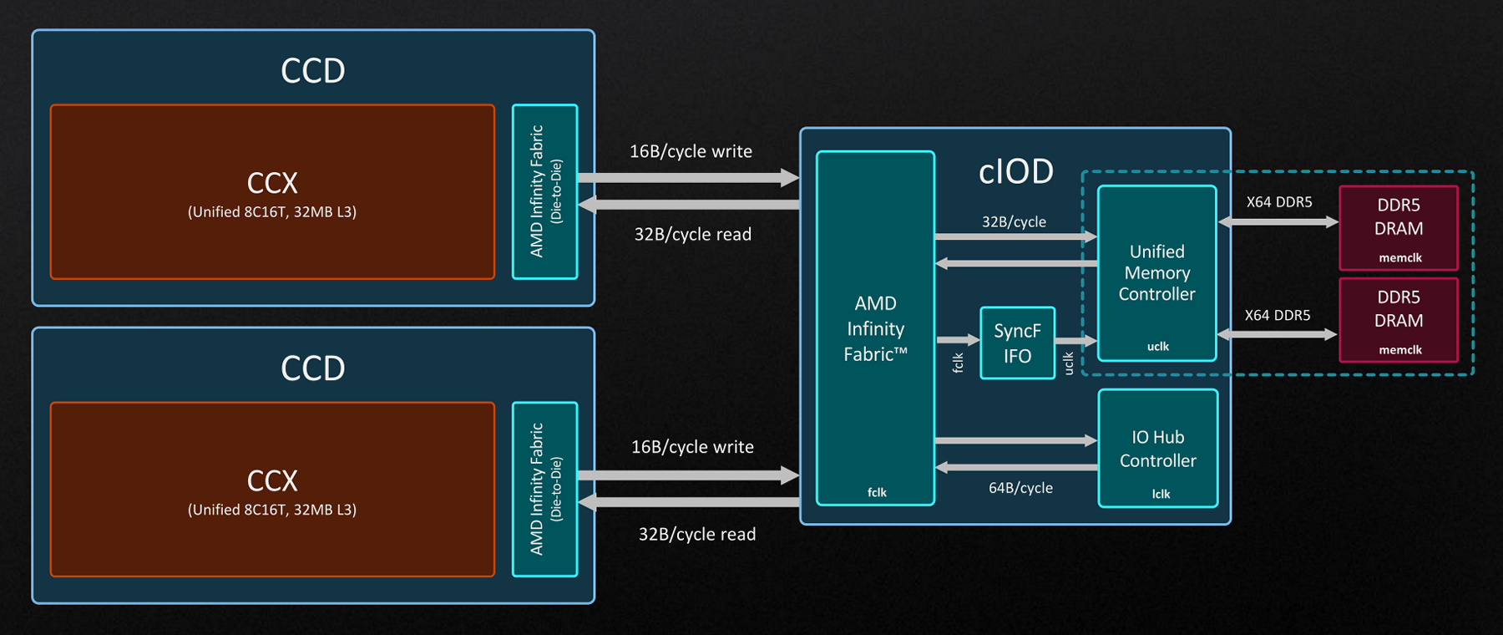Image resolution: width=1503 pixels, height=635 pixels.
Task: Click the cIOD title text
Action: click(x=1015, y=171)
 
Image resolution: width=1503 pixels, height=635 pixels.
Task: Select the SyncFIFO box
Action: click(x=1017, y=343)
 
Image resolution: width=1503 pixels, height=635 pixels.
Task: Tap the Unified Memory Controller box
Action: click(x=1156, y=272)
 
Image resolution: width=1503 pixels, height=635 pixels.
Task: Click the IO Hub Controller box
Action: click(x=1157, y=449)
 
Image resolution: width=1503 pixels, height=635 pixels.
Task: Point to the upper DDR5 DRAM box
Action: click(x=1399, y=227)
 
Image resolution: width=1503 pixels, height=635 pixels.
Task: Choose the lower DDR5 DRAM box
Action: click(x=1399, y=319)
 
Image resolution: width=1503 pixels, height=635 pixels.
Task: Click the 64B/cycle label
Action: click(x=1020, y=488)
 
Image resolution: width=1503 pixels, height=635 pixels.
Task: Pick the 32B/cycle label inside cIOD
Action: click(x=1014, y=222)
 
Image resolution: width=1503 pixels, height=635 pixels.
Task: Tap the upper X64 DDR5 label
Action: click(x=1278, y=202)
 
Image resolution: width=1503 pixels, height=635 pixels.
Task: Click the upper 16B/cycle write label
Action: click(x=691, y=151)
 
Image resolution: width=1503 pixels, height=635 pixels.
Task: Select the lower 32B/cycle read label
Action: click(x=696, y=535)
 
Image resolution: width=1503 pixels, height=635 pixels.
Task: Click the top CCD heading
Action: click(x=312, y=71)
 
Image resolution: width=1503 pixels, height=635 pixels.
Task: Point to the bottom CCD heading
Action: click(x=312, y=368)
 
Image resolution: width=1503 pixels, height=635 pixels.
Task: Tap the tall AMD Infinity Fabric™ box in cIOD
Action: click(x=875, y=328)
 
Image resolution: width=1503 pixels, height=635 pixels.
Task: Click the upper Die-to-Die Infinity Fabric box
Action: click(x=544, y=191)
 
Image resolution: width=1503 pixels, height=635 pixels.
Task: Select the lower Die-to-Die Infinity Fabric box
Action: click(x=544, y=489)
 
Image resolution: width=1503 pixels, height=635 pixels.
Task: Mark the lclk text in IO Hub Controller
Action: click(x=1161, y=494)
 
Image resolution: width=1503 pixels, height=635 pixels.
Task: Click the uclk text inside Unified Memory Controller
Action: click(x=1157, y=346)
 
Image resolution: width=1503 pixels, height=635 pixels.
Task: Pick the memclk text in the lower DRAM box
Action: click(x=1399, y=350)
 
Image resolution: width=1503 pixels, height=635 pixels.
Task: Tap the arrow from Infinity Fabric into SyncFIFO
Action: click(x=957, y=340)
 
